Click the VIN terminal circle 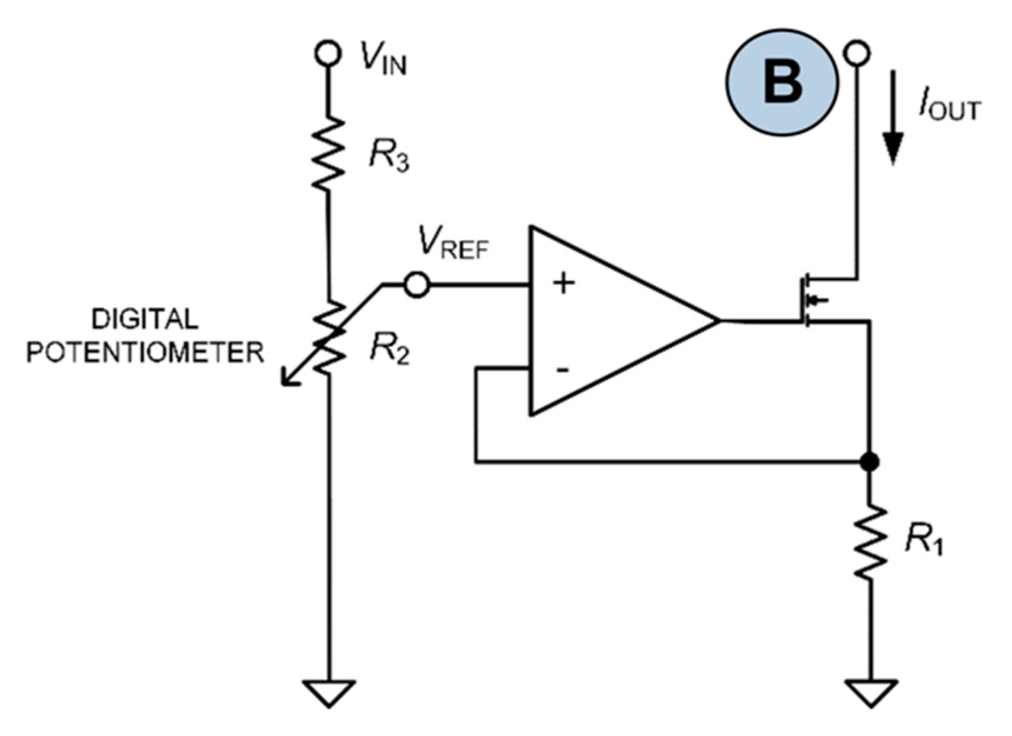click(x=328, y=53)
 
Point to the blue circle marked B click(x=782, y=82)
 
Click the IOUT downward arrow click(x=893, y=118)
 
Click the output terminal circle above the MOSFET click(x=857, y=53)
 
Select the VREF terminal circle click(x=417, y=285)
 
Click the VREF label click(x=453, y=242)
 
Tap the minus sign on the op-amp click(x=563, y=370)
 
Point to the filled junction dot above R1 click(x=869, y=462)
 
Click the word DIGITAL click(x=145, y=319)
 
